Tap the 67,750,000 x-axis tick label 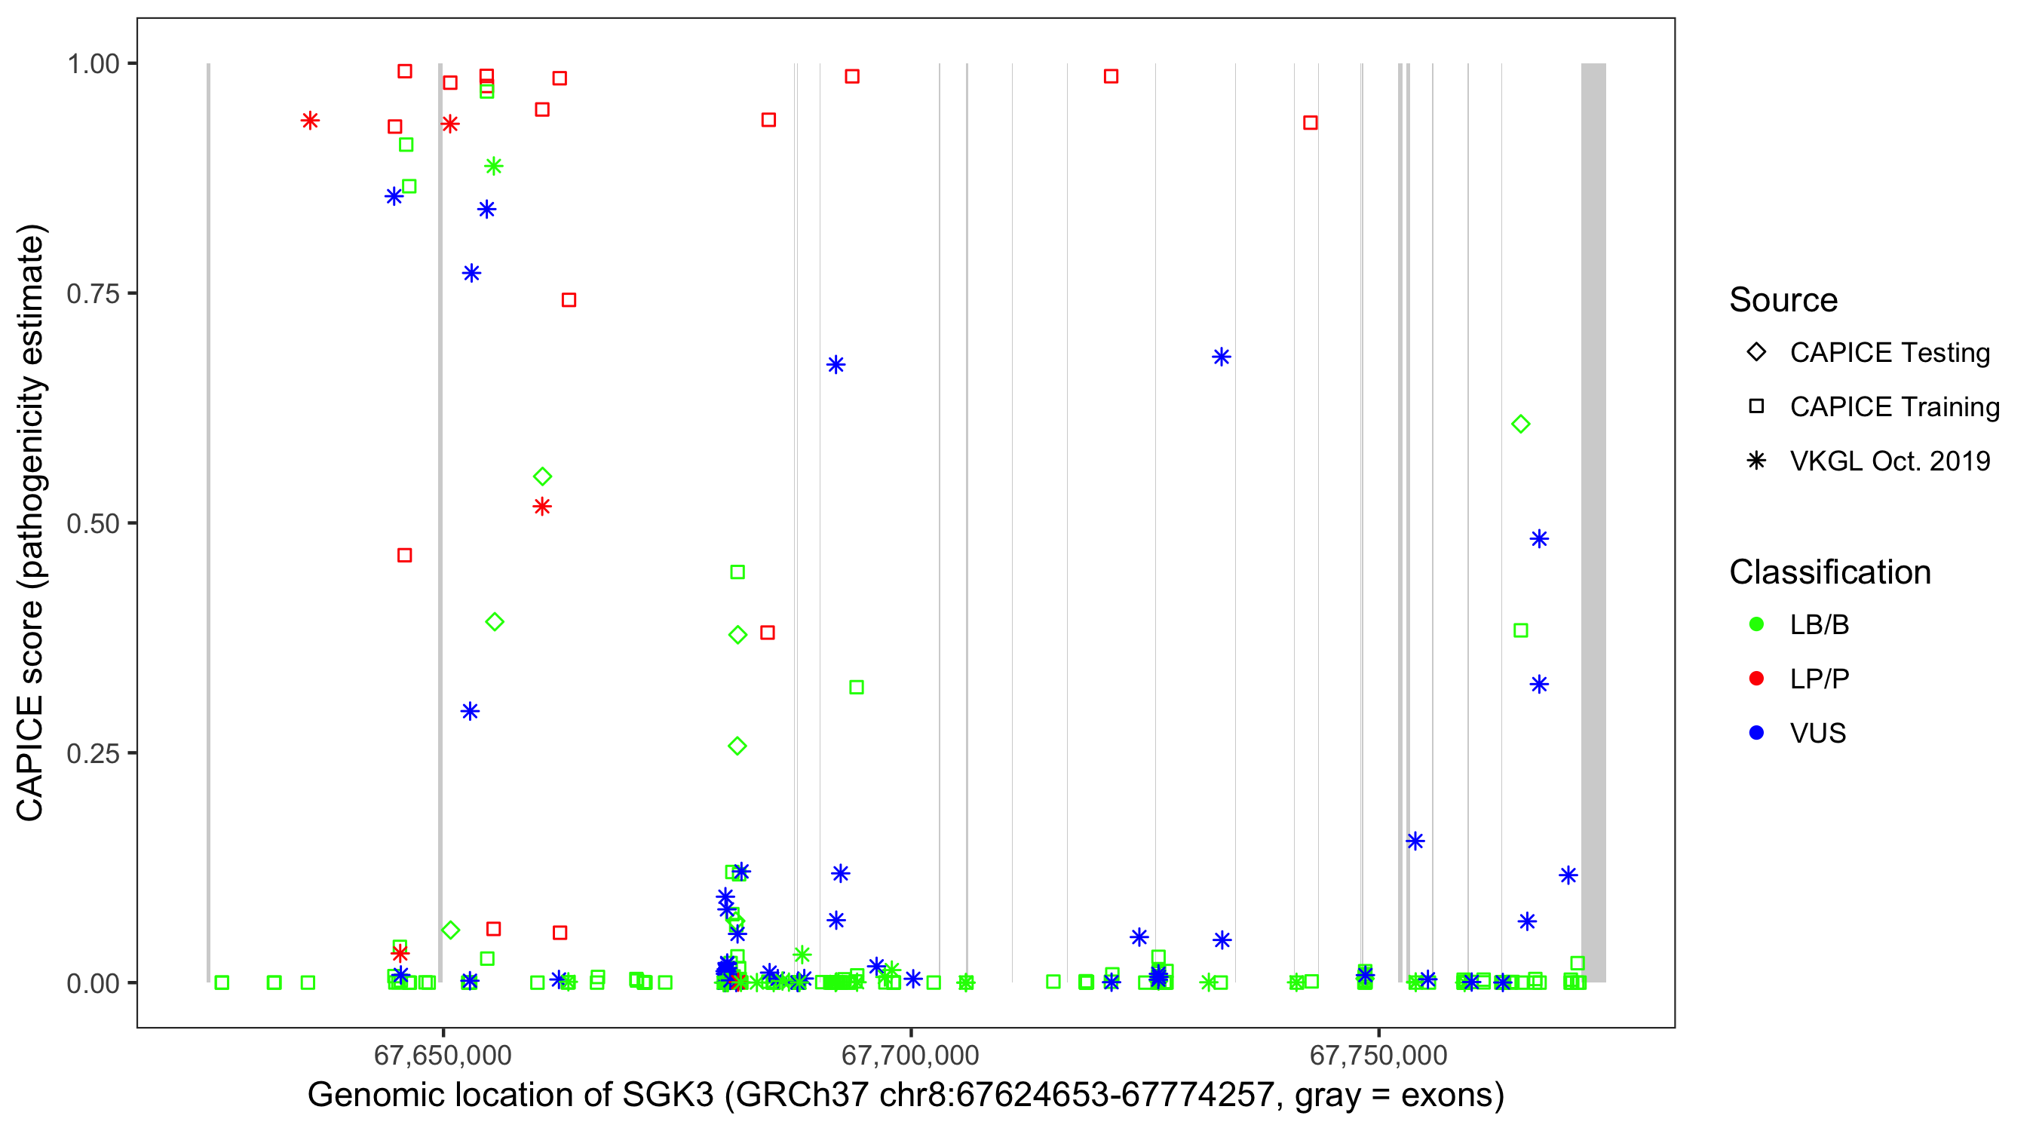pos(1378,1055)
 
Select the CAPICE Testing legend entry pos(1889,353)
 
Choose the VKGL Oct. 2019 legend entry pos(1889,461)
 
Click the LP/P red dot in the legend pos(1756,679)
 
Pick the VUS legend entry pos(1817,734)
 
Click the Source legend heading pos(1783,300)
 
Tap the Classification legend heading pos(1829,572)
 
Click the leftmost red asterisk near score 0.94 pos(310,121)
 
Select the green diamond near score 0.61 pos(1520,425)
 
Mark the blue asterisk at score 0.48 pos(1538,539)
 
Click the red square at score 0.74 pos(569,300)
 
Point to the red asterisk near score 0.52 pos(541,507)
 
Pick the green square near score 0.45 pos(737,572)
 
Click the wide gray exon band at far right pos(1593,522)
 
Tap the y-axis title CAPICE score pos(30,522)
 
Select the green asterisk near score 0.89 pos(493,167)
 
